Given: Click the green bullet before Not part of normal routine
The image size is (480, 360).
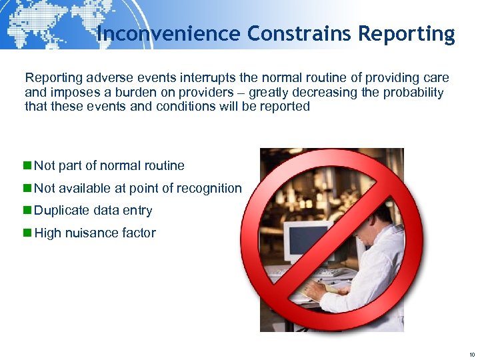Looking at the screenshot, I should [x=27, y=165].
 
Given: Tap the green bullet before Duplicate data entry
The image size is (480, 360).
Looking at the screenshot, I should [x=27, y=211].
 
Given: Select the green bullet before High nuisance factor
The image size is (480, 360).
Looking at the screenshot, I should [x=27, y=233].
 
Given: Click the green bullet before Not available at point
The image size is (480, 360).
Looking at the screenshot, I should [x=27, y=188].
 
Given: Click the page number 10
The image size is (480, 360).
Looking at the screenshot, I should [x=471, y=355].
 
